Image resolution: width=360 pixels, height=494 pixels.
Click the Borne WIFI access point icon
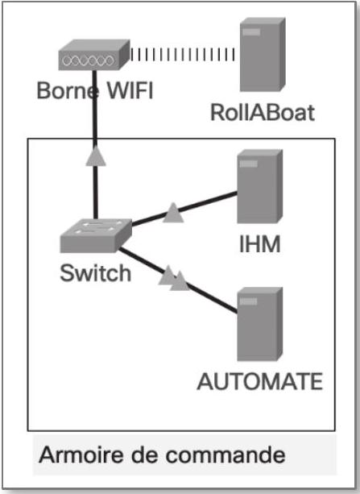(94, 55)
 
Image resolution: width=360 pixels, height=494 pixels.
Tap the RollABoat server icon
(263, 55)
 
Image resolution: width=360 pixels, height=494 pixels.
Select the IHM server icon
(260, 186)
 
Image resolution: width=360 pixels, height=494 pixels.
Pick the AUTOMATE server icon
(260, 324)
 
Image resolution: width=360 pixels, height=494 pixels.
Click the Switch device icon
(96, 235)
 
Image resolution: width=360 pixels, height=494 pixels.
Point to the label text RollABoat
(263, 113)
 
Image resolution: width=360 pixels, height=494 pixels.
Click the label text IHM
(260, 244)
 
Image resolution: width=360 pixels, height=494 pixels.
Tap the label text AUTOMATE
(260, 381)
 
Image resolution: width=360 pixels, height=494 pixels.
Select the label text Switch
(95, 273)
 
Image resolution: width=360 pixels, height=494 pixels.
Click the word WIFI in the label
(130, 90)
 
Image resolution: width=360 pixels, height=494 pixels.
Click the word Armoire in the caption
(81, 455)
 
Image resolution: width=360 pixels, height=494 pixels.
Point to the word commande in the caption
(226, 455)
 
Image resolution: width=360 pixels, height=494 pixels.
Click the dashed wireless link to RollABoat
(182, 55)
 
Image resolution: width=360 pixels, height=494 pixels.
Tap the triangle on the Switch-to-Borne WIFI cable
(96, 156)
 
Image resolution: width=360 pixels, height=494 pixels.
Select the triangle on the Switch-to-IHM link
(173, 213)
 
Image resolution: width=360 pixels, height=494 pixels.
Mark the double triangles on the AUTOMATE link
(174, 278)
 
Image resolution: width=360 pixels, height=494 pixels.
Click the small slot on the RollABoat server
(251, 32)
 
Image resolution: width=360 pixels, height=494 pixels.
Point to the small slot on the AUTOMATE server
(248, 301)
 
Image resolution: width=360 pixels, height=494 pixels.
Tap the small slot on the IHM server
(248, 164)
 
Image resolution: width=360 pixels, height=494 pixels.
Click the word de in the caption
(144, 455)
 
